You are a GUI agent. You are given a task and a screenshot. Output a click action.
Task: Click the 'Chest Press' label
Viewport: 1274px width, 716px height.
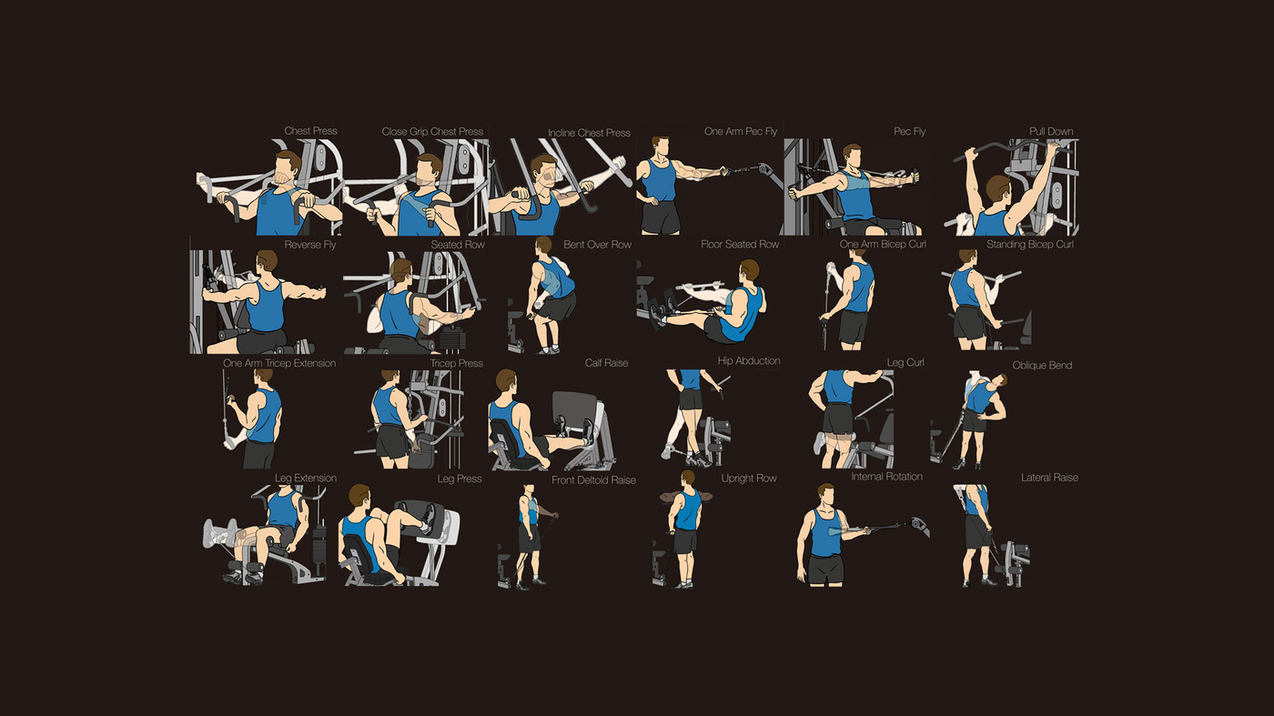[x=310, y=131]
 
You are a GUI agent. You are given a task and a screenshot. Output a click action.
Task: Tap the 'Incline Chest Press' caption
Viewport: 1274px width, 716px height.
[x=590, y=133]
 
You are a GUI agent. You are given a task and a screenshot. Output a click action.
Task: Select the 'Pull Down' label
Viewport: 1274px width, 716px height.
[x=1051, y=131]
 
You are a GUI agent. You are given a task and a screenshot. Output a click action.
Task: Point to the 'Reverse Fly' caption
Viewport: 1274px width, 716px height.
[x=310, y=245]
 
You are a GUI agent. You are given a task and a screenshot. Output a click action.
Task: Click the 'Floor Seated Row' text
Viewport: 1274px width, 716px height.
[x=739, y=245]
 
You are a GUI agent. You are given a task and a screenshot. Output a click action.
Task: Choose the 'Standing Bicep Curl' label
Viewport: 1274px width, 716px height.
[x=1029, y=245]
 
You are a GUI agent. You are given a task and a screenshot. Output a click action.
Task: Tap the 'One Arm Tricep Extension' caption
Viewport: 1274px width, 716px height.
[x=279, y=363]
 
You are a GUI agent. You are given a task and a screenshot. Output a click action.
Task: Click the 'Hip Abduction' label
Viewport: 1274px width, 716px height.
[x=748, y=361]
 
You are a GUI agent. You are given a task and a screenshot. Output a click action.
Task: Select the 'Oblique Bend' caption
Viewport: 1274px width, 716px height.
[x=1042, y=366]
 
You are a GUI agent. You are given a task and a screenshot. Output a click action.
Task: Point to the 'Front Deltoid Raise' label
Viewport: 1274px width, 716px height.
[x=593, y=480]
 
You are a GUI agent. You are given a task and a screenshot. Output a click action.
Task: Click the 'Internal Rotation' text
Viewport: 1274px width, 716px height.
[x=886, y=477]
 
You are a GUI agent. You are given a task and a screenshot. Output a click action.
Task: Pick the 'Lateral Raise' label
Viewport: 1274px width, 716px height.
[x=1049, y=478]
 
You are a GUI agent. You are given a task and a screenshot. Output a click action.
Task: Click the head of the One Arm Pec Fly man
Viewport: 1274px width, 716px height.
[x=660, y=148]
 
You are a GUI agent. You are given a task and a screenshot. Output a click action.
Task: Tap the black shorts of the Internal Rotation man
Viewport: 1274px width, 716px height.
[x=825, y=570]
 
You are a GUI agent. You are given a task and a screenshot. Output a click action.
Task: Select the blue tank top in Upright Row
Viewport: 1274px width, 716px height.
[x=689, y=510]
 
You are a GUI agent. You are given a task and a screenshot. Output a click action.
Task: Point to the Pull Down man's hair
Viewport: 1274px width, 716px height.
[x=999, y=187]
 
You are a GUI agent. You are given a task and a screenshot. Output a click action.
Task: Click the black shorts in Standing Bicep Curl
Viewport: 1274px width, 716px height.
[x=967, y=322]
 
